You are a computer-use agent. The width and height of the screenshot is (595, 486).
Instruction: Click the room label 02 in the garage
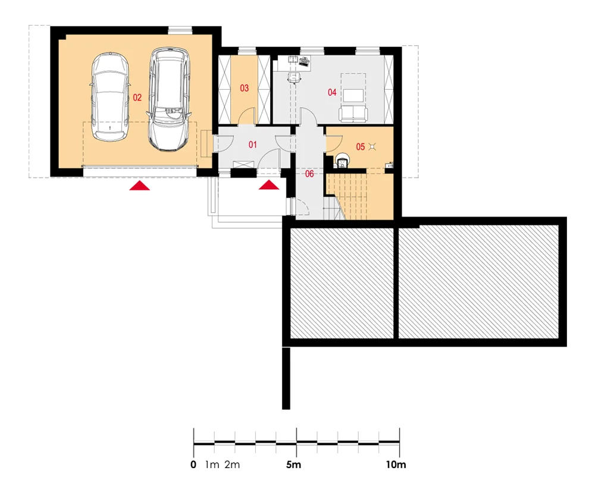[137, 98]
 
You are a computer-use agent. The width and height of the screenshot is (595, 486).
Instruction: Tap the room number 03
[245, 88]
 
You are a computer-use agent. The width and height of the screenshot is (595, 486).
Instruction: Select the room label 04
[332, 92]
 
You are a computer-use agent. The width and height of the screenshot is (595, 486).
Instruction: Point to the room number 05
[360, 146]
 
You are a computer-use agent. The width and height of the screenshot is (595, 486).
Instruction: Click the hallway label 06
[309, 174]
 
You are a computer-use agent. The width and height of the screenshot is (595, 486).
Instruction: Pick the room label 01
[253, 145]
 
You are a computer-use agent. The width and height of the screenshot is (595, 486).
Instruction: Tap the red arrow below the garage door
[140, 186]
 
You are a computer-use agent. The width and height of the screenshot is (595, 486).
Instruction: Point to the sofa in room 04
[353, 114]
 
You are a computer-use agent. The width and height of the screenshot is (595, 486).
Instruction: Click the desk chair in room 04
[295, 77]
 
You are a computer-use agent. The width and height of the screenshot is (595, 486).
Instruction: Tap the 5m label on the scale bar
[294, 465]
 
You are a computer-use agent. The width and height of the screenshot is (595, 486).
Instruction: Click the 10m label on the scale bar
[396, 465]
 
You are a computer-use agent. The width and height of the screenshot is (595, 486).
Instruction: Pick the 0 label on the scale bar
[193, 465]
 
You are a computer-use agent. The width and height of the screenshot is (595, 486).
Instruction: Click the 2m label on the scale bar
[232, 465]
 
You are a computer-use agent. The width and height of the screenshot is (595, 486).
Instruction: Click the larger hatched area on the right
[478, 281]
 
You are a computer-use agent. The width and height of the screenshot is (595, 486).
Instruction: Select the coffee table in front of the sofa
[353, 95]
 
